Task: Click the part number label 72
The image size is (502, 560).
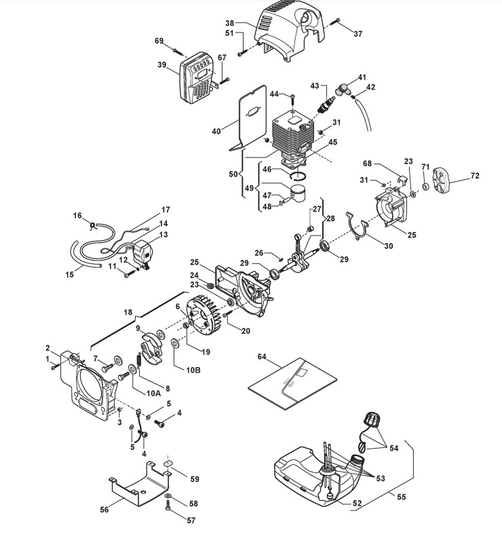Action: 474,176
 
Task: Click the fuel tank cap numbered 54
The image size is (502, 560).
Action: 370,420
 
